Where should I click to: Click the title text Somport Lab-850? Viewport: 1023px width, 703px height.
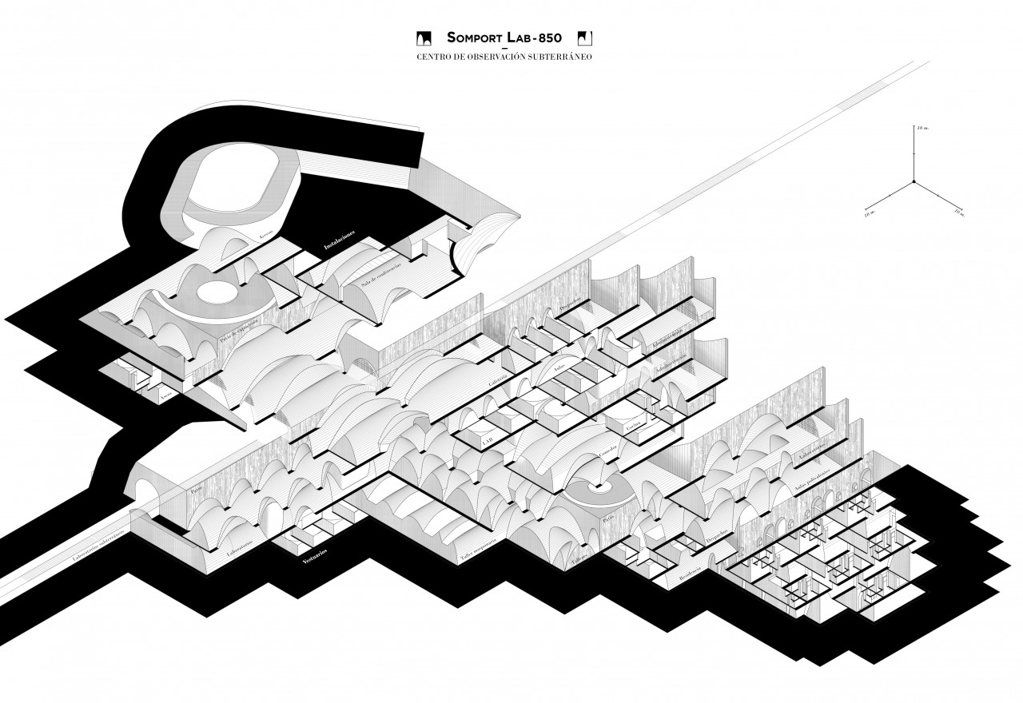pyautogui.click(x=505, y=38)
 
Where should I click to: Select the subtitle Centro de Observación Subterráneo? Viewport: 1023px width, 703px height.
pyautogui.click(x=504, y=58)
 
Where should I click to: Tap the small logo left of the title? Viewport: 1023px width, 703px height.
pyautogui.click(x=425, y=38)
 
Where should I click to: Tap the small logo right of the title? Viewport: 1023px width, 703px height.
pyautogui.click(x=585, y=38)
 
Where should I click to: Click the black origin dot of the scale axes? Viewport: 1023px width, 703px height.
pyautogui.click(x=914, y=182)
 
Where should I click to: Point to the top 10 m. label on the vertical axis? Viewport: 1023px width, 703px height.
pyautogui.click(x=922, y=128)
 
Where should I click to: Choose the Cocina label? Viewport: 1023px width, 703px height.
pyautogui.click(x=635, y=427)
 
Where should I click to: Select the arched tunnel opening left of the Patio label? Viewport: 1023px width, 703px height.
pyautogui.click(x=149, y=489)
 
